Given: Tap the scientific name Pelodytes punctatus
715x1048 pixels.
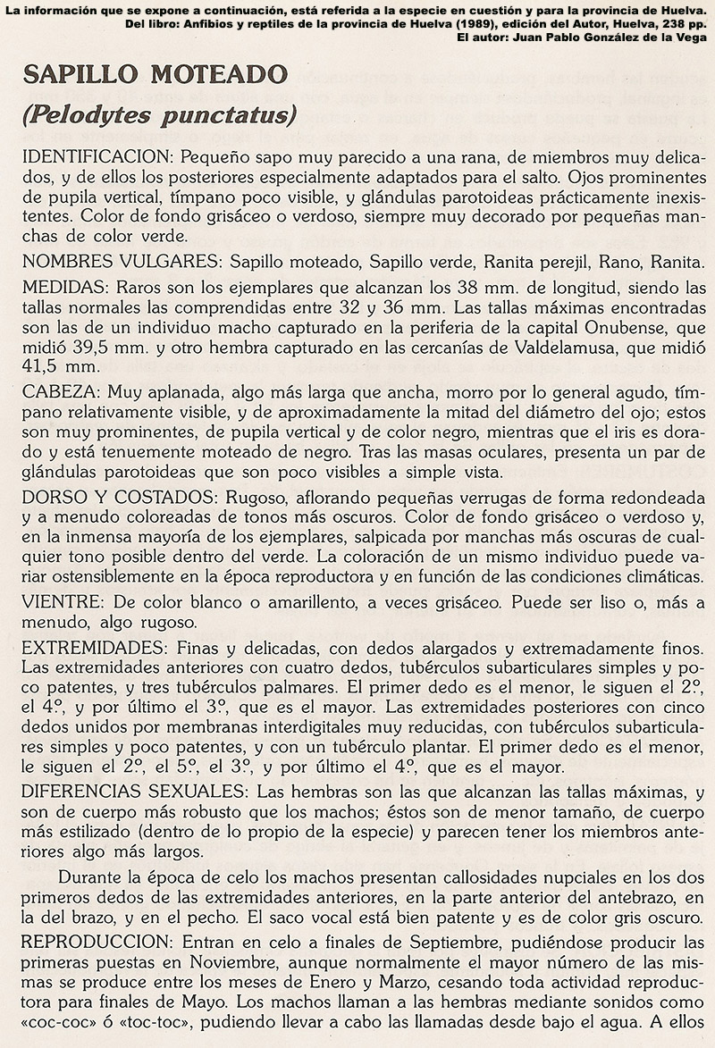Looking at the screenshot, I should click(x=160, y=115).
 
